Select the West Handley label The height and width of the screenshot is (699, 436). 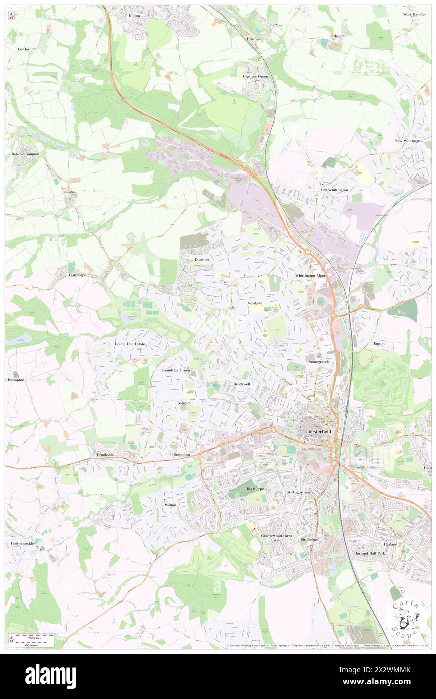[414, 14]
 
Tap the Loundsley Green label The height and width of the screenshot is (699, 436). [175, 370]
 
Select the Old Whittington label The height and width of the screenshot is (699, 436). [334, 190]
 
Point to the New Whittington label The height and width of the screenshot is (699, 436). [412, 141]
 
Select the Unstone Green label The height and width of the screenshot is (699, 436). [256, 76]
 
